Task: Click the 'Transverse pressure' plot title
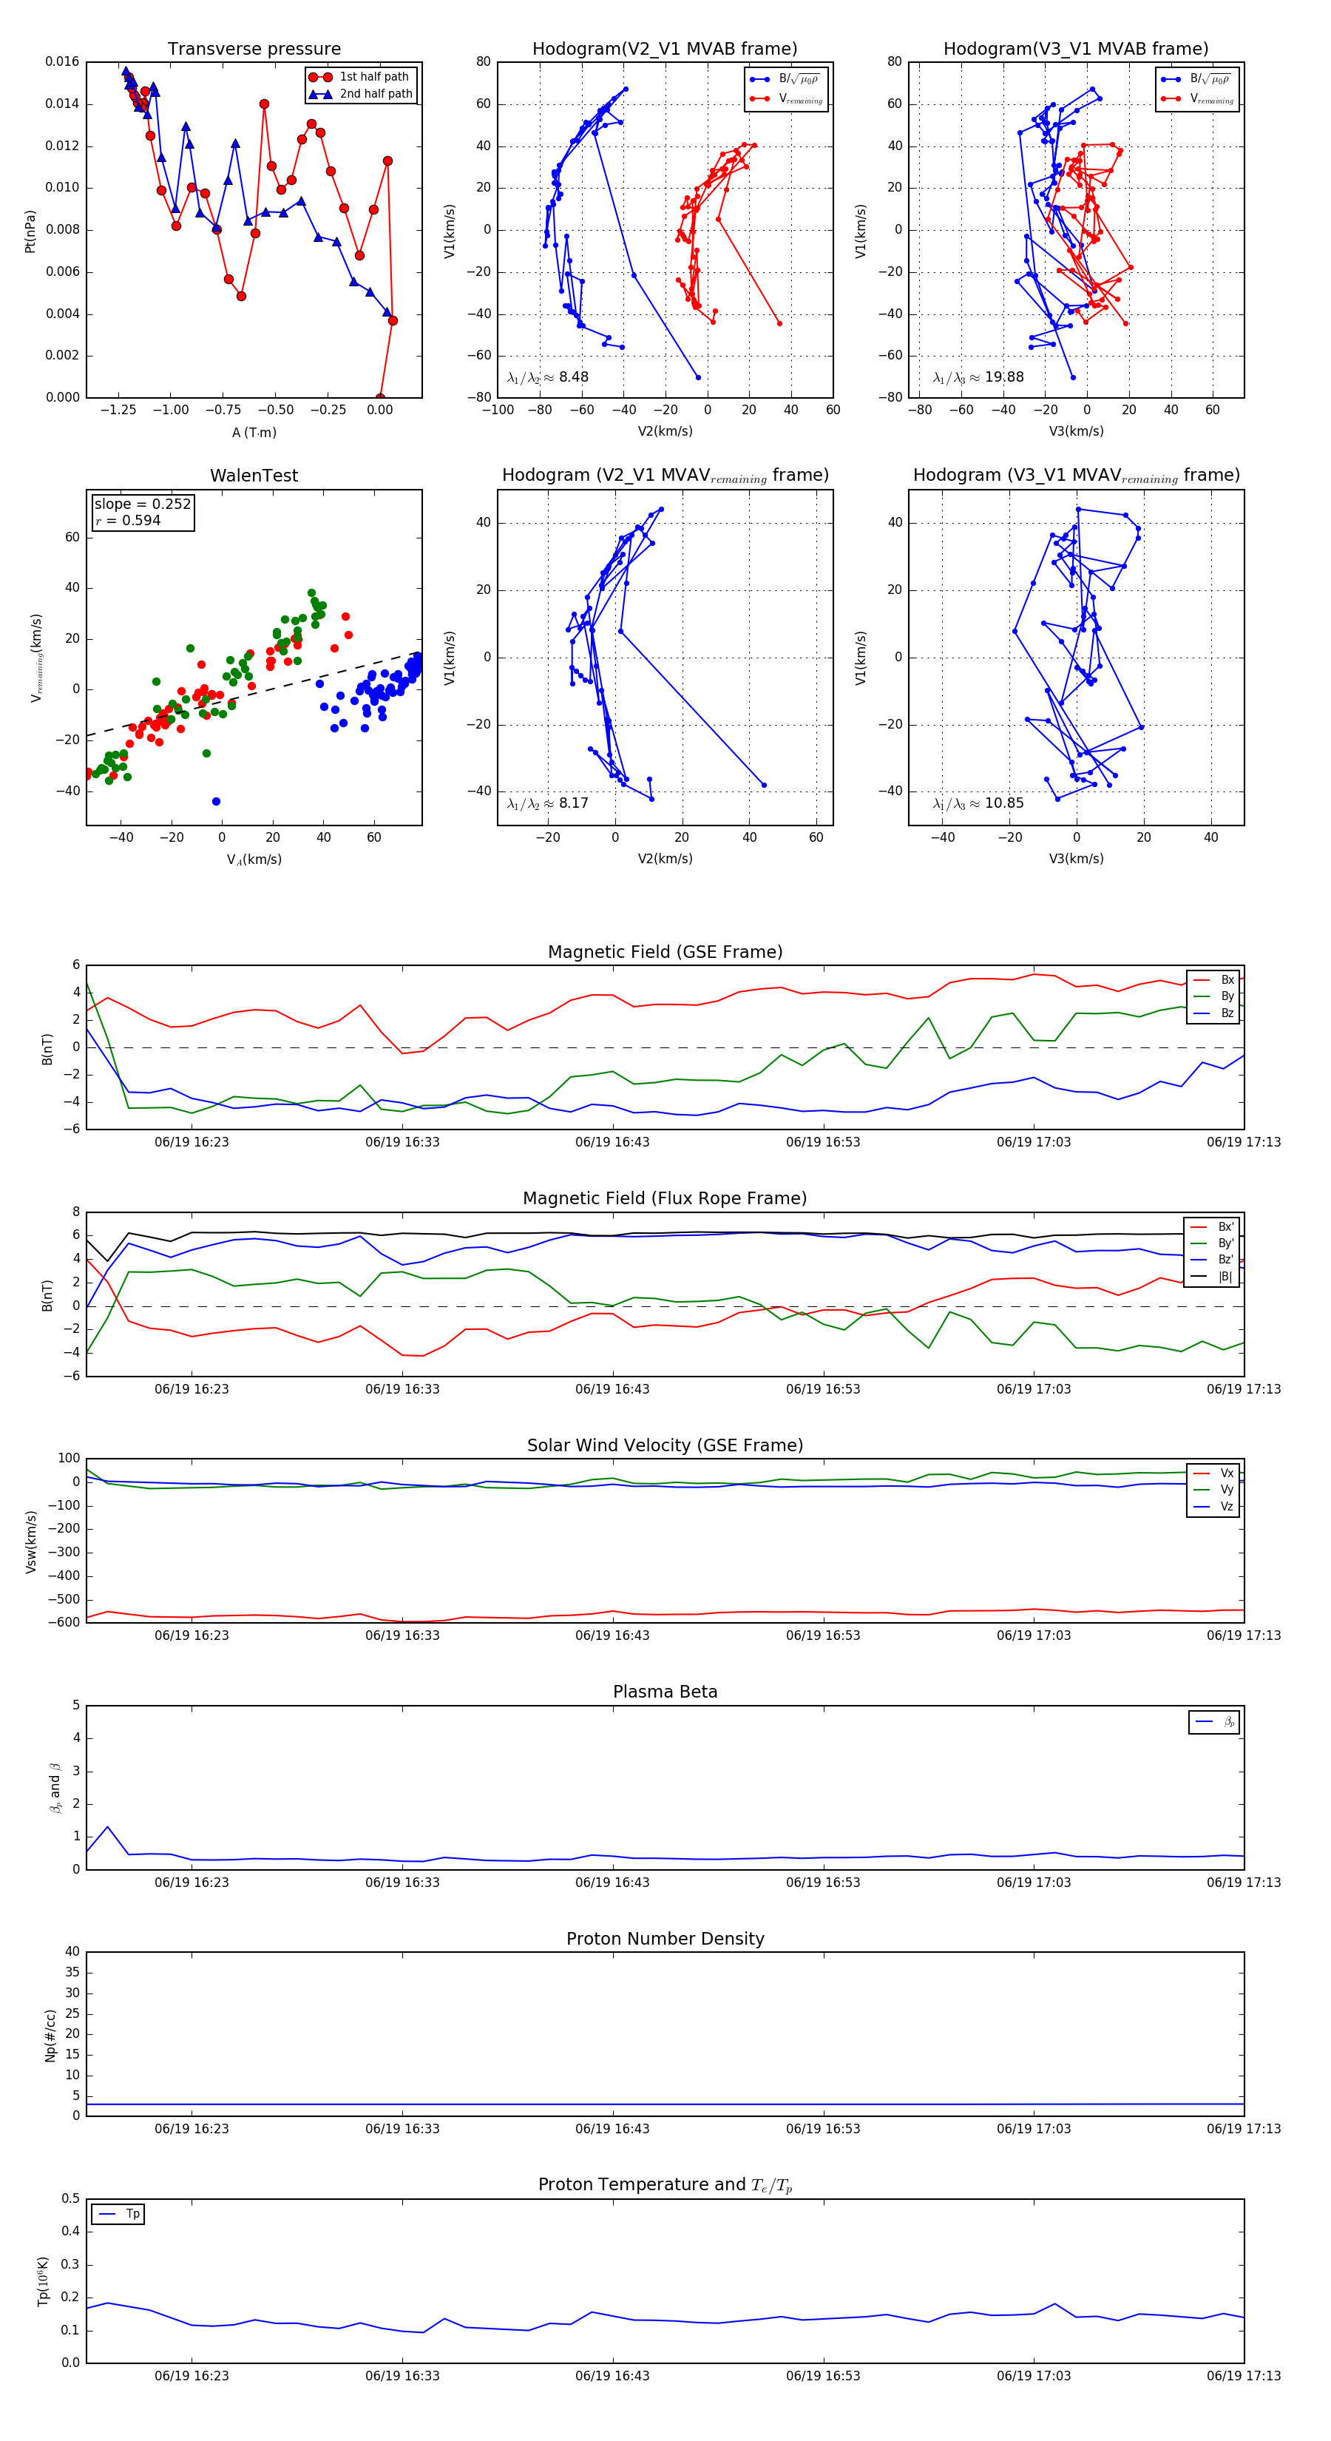click(x=254, y=50)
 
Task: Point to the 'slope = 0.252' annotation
click(x=142, y=504)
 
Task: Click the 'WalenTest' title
click(x=254, y=476)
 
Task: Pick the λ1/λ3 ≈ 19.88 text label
click(x=978, y=377)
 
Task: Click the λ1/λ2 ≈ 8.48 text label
click(x=547, y=377)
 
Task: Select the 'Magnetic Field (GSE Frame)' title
click(x=665, y=952)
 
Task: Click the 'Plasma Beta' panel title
click(x=665, y=1692)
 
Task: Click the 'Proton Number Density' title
click(x=665, y=1939)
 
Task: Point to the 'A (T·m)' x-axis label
click(x=254, y=433)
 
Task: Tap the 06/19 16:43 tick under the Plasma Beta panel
click(x=612, y=1882)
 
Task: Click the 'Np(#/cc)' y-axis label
click(x=50, y=2034)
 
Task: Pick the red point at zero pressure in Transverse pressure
click(x=380, y=397)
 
